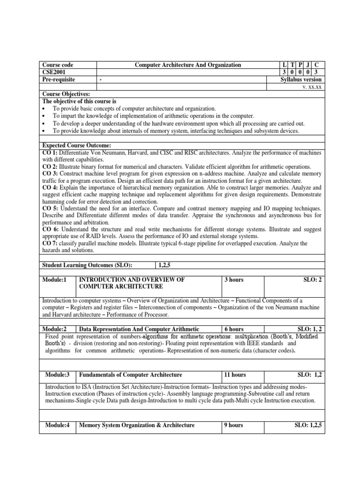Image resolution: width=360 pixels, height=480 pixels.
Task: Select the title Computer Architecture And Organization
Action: [x=187, y=65]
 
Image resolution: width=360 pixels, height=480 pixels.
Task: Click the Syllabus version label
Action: [x=301, y=80]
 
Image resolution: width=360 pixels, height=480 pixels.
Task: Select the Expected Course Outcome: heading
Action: [x=76, y=146]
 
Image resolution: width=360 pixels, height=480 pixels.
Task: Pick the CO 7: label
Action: [x=51, y=243]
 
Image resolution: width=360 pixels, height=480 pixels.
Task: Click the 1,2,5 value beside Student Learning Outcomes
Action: [x=164, y=265]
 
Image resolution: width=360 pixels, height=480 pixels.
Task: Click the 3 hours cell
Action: [x=234, y=279]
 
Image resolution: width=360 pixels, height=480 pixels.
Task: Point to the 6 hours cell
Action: [x=234, y=329]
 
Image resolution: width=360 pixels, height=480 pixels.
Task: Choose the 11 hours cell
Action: [x=235, y=375]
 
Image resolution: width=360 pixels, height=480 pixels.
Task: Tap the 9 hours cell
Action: [x=234, y=425]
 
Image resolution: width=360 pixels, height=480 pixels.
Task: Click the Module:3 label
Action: [x=58, y=375]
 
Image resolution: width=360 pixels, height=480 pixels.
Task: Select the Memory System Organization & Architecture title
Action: [x=137, y=425]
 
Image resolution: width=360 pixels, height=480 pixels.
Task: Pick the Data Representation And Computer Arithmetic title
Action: [x=139, y=329]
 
